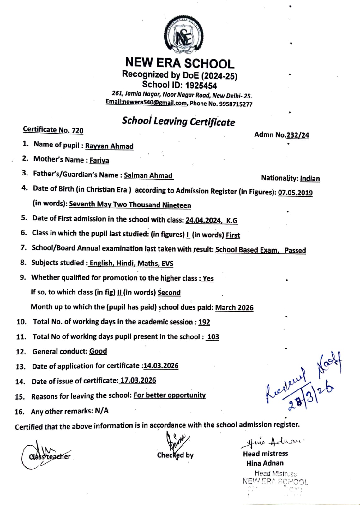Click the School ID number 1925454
(201, 86)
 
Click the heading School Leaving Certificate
(178, 122)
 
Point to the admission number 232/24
(297, 135)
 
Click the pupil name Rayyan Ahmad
(109, 146)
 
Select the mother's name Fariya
(99, 160)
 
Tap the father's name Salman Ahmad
(148, 175)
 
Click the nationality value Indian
(309, 179)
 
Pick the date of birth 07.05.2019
(295, 193)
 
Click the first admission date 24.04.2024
(203, 220)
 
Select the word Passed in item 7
(295, 250)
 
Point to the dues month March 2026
(234, 307)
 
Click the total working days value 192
(204, 322)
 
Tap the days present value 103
(213, 337)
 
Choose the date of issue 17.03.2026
(138, 380)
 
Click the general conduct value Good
(98, 351)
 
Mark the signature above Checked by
(176, 441)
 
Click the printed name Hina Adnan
(265, 463)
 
